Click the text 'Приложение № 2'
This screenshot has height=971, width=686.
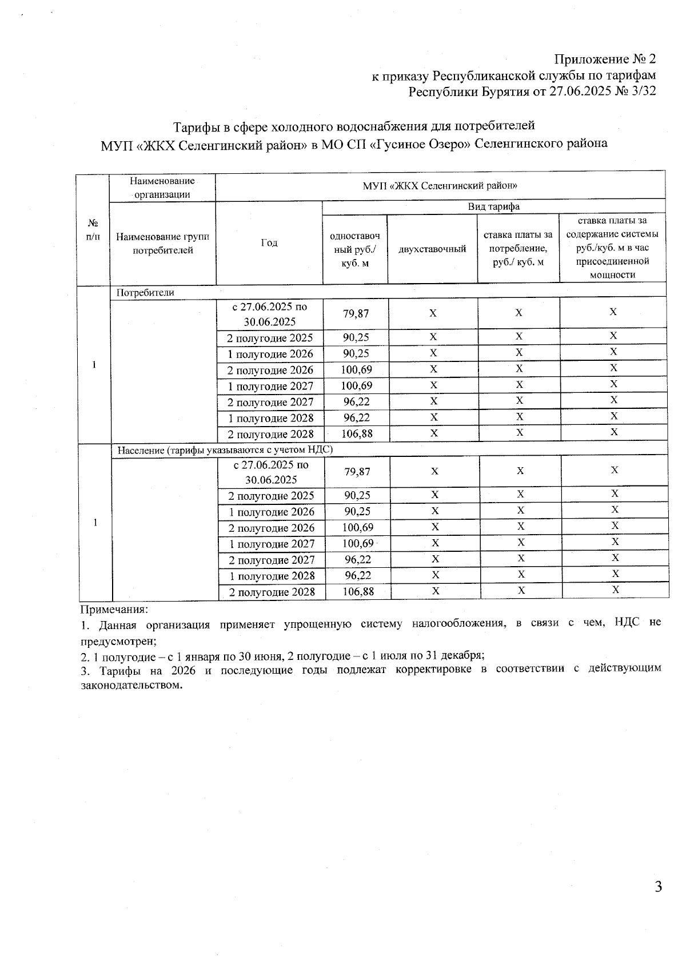coord(605,59)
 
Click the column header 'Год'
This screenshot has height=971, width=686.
coord(269,243)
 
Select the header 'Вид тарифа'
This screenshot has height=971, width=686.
coord(494,207)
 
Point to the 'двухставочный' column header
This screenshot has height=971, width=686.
coord(432,249)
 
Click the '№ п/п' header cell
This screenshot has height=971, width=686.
coord(93,229)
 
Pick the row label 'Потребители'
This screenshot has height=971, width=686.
coord(145,293)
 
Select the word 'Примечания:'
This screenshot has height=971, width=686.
coord(114,610)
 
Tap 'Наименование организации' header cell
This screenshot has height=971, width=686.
coord(162,188)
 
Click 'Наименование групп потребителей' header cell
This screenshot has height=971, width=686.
coord(162,244)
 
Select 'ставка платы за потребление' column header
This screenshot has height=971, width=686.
coord(518,249)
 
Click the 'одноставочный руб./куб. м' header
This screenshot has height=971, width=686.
coord(355,249)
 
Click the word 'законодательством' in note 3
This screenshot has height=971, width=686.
coord(131,685)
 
